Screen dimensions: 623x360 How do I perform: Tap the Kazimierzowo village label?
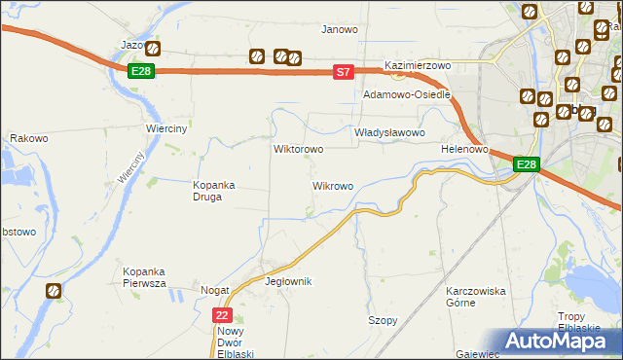[x=421, y=65]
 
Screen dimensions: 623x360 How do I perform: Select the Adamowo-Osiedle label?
[x=406, y=94]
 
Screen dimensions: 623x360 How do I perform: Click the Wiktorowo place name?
[x=298, y=150]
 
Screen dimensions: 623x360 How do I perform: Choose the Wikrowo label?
[x=332, y=185]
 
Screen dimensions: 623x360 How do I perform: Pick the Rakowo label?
[x=29, y=138]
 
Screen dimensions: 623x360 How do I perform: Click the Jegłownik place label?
[x=287, y=281]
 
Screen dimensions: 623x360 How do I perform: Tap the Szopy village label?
[x=383, y=320]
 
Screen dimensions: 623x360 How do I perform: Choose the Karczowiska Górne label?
[x=476, y=297]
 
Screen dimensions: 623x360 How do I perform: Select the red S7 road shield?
[x=342, y=71]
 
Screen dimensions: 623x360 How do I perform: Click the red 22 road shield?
[x=223, y=315]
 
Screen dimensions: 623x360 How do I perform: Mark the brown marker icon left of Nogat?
[x=53, y=290]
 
